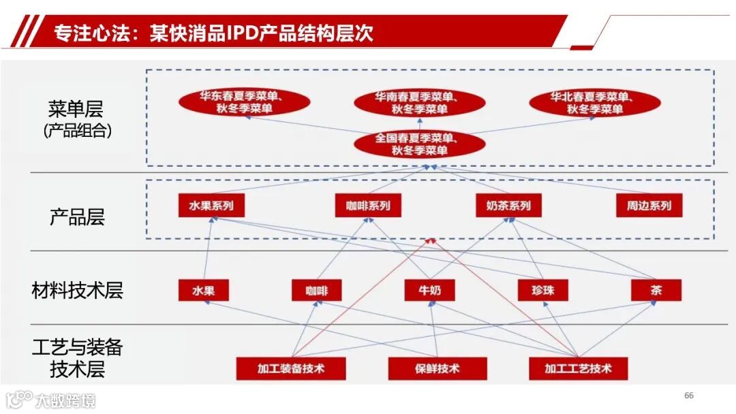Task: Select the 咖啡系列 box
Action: coord(368,206)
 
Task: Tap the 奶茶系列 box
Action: coord(508,206)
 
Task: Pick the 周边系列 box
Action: coord(649,206)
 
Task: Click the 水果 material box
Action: coord(203,291)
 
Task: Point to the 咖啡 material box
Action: coord(316,291)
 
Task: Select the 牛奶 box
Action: coord(429,291)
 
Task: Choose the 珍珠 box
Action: coord(543,291)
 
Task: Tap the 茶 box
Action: coord(656,291)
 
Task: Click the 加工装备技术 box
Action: coord(291,369)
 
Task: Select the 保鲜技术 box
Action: coord(437,369)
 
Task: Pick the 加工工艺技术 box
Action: coord(578,369)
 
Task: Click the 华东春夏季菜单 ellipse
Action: coord(245,102)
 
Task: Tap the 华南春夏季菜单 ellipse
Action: coord(420,103)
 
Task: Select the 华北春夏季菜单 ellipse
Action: coord(595,103)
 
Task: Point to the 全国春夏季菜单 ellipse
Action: coord(420,144)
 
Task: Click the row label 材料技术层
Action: coord(77,291)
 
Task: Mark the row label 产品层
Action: coord(77,218)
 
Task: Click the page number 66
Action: coord(688,396)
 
